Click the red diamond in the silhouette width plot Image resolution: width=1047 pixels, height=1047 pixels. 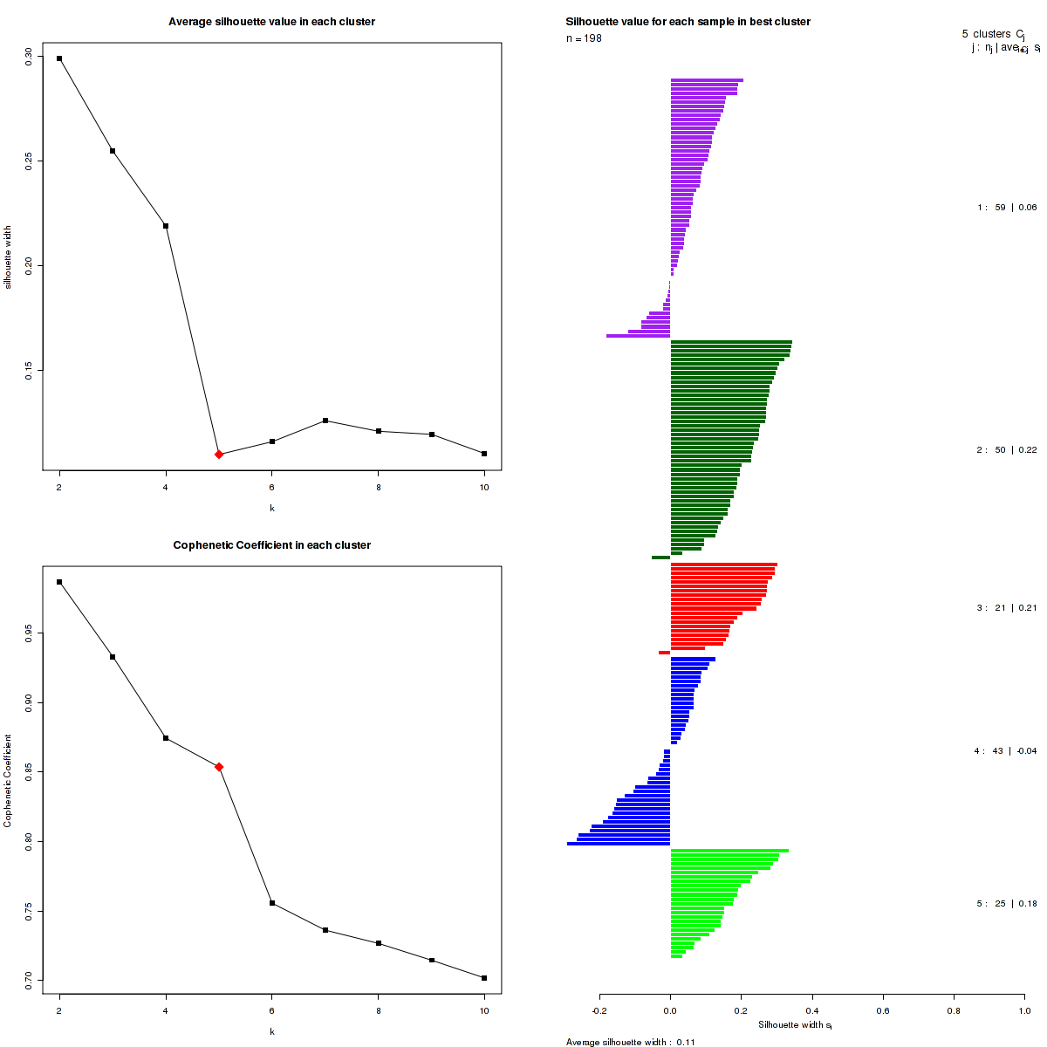click(x=219, y=455)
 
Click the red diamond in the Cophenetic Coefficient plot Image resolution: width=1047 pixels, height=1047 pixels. click(x=219, y=767)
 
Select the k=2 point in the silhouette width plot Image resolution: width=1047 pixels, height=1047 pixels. click(x=59, y=58)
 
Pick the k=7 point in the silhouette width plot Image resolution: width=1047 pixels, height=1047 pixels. click(x=325, y=421)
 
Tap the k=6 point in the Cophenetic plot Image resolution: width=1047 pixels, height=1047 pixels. click(x=272, y=903)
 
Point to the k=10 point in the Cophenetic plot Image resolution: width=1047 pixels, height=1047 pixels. click(x=484, y=978)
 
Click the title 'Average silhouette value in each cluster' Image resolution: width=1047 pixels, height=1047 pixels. click(x=271, y=22)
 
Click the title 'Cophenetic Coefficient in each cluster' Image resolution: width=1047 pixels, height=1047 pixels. click(x=271, y=545)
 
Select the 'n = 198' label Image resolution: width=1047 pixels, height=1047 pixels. click(x=584, y=38)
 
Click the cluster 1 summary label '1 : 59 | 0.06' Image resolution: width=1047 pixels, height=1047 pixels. click(x=1007, y=208)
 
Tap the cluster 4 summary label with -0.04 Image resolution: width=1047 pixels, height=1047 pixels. click(x=1005, y=751)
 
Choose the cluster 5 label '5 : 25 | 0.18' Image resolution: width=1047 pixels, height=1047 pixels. click(x=1007, y=904)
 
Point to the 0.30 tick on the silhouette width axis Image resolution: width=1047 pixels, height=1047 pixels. click(x=28, y=56)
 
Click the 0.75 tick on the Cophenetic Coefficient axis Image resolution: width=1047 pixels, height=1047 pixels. click(x=28, y=911)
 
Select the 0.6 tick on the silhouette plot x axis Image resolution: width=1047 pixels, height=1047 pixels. click(x=883, y=1010)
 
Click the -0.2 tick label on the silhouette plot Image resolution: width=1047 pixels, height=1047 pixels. click(x=599, y=1010)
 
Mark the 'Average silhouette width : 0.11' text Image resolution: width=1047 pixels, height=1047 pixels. click(x=630, y=1042)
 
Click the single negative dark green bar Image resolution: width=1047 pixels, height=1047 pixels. click(x=660, y=558)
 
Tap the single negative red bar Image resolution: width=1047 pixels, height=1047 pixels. click(x=664, y=653)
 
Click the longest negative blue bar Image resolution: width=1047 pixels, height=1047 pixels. click(x=618, y=844)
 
